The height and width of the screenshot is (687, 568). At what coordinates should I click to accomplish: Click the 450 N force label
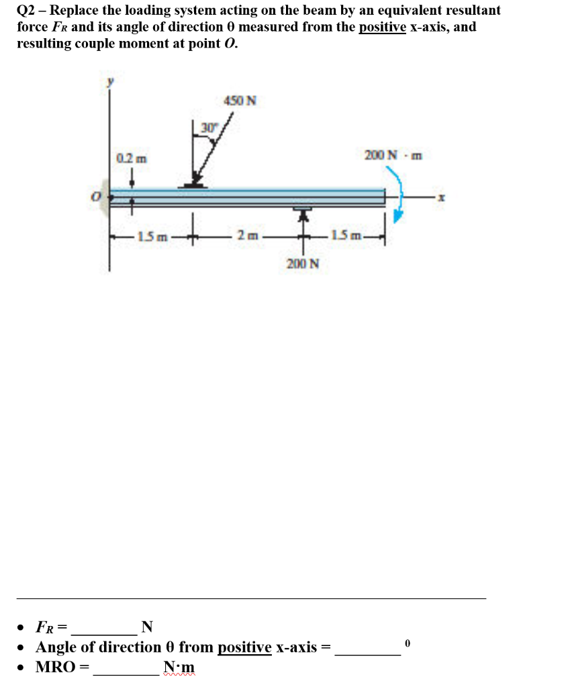coord(239,101)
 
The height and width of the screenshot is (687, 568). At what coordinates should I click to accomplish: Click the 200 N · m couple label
coord(393,156)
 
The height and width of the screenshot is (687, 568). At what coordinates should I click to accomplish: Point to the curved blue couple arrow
coord(396,191)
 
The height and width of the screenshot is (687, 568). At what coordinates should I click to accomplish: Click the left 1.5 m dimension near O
coord(151,235)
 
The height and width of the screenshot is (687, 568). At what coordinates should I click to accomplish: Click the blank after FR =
coord(104,628)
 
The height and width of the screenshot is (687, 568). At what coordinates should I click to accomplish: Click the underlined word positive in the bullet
coord(244,647)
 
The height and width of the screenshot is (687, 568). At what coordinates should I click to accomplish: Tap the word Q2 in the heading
coord(26,11)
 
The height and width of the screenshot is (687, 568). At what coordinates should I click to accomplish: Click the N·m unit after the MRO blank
coord(179,668)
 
